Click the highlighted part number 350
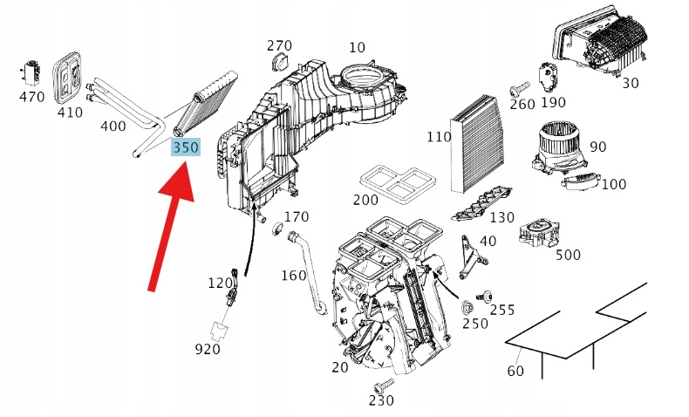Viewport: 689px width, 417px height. pos(186,148)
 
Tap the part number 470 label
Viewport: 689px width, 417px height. pos(31,97)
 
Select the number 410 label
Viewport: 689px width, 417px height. pos(70,113)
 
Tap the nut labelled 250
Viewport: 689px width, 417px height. pos(467,306)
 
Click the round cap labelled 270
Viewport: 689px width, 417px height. pos(279,61)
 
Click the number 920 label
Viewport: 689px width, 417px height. pos(208,349)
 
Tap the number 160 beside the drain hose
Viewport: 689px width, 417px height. pos(293,276)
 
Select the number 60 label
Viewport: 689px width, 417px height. pos(516,373)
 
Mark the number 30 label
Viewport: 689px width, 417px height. pos(631,84)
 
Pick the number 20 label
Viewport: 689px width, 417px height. pos(340,367)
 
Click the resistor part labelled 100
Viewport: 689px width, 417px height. pos(580,182)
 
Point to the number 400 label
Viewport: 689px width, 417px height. pos(113,126)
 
